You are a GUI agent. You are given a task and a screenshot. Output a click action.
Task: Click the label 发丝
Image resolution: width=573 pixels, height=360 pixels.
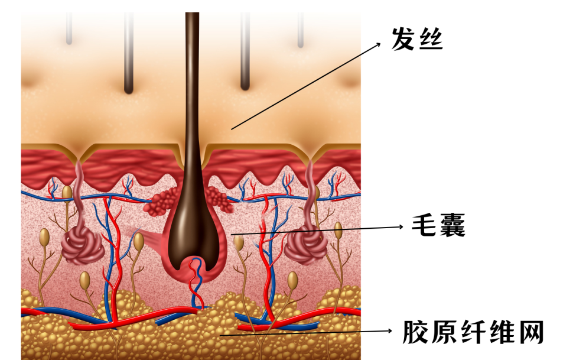417,39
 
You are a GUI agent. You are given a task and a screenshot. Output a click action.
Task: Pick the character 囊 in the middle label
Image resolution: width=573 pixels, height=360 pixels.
452,225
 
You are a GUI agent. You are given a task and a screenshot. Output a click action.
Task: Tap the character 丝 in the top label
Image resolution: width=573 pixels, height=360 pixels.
431,39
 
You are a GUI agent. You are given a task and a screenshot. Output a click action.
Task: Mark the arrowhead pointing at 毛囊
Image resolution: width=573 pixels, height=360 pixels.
402,226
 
